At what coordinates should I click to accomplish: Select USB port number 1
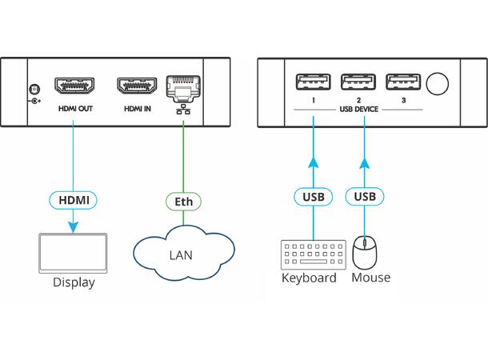tap(314, 82)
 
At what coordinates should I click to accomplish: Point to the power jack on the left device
tap(33, 92)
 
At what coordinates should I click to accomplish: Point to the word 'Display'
tap(74, 282)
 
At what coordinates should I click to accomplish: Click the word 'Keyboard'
tap(309, 278)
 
